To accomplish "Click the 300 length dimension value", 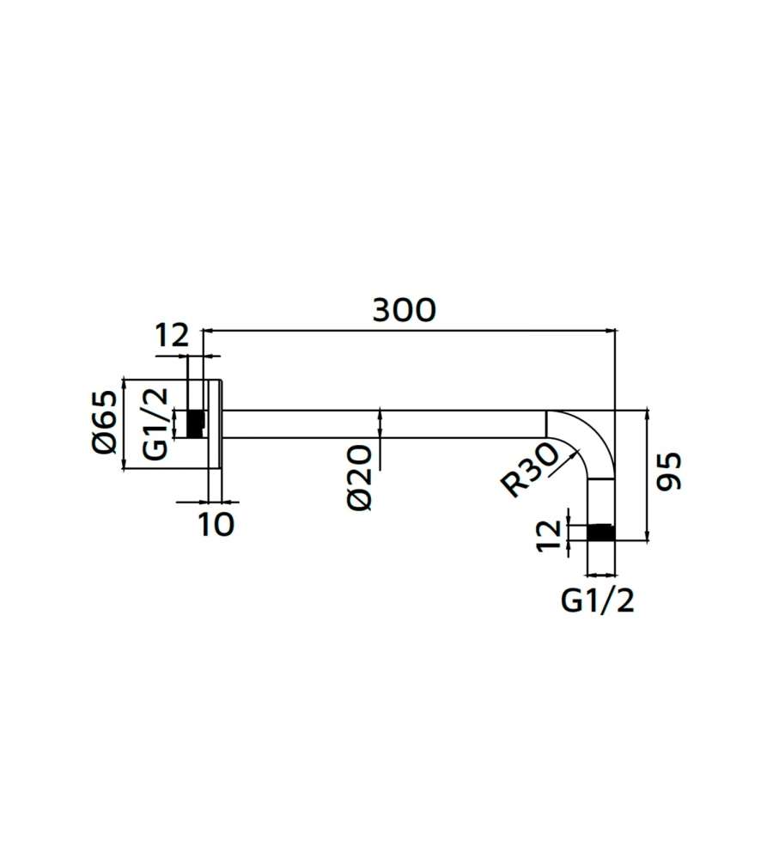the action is pos(405,309).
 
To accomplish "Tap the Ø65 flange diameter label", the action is pos(105,422).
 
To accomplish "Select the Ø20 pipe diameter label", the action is pos(360,477).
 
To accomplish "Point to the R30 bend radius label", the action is pos(530,470).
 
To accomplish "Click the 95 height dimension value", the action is pos(669,471).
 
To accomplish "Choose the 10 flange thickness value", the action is pos(216,524).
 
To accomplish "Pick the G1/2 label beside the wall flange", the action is pos(155,423).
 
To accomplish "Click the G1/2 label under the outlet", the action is pos(597,601).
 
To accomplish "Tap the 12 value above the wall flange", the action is pos(172,335).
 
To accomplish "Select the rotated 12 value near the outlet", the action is pos(550,535).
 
